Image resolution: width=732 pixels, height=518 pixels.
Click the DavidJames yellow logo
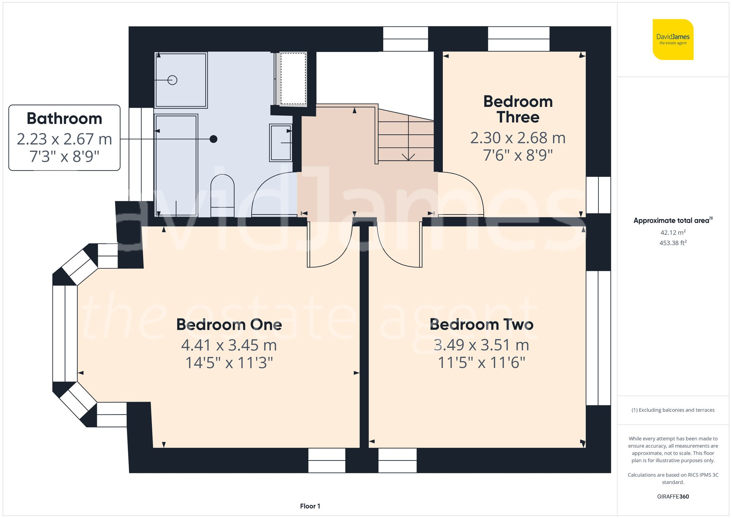coord(673,40)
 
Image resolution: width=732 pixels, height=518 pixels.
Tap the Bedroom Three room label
coord(518,109)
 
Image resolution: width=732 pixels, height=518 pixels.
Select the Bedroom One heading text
coord(229,324)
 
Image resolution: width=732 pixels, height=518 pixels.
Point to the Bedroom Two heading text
coord(481,324)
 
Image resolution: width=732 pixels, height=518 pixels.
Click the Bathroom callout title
coord(64,119)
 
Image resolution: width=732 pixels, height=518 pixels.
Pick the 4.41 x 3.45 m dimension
coord(229,345)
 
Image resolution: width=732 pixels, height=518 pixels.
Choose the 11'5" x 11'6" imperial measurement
coord(481,363)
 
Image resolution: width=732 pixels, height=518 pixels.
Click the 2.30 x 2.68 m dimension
coord(518,138)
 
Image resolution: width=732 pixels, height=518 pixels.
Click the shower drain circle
coord(172,80)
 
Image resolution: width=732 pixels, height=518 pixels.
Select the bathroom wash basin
coord(281,142)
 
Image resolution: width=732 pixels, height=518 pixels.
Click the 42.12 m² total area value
coord(673,232)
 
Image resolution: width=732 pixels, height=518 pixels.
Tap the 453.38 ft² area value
coord(673,243)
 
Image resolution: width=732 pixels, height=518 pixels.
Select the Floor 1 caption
coord(310,506)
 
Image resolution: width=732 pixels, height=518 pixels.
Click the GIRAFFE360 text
coord(673,496)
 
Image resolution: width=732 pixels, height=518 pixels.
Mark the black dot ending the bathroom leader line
coord(213,139)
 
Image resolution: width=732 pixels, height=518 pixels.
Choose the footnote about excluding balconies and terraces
coord(673,410)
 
